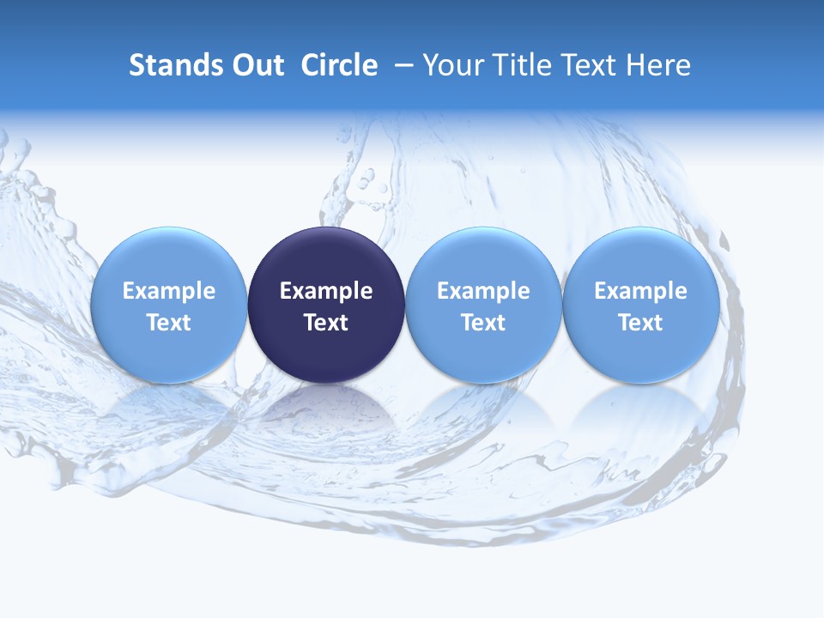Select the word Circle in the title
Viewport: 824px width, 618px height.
point(339,65)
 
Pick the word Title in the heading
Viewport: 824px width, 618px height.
point(524,65)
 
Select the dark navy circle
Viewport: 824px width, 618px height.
point(326,257)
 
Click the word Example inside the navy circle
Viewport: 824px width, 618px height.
point(326,291)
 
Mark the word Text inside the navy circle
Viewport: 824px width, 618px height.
point(326,323)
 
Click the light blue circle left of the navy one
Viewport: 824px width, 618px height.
point(169,257)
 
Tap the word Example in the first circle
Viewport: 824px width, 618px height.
point(169,291)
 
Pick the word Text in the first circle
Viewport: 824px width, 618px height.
point(169,323)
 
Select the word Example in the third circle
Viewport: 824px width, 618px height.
point(483,291)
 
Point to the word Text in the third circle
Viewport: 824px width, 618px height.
point(483,323)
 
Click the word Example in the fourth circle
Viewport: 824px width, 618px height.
point(640,291)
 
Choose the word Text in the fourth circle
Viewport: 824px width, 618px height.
point(640,323)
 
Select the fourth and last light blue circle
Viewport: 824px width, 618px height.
point(640,257)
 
